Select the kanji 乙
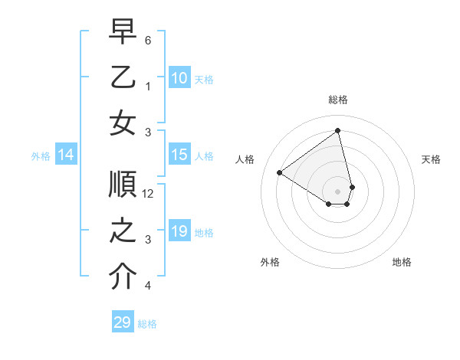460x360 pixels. pos(123,77)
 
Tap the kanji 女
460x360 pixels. pos(123,123)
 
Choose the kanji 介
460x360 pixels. pos(123,277)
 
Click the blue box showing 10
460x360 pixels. pos(179,77)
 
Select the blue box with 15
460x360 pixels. pos(179,155)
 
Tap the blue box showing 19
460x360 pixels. pos(179,231)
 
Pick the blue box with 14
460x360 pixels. pos(65,155)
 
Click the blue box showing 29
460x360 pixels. pos(122,322)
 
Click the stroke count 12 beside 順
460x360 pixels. pos(149,194)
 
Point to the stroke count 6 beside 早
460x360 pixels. pos(149,40)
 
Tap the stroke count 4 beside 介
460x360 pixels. pos(149,286)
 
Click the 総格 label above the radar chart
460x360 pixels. pos(338,100)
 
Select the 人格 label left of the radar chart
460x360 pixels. pos(245,159)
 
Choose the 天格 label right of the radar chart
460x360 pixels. pos(432,159)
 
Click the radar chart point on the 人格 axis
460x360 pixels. pos(280,172)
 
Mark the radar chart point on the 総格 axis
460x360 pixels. pos(338,130)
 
